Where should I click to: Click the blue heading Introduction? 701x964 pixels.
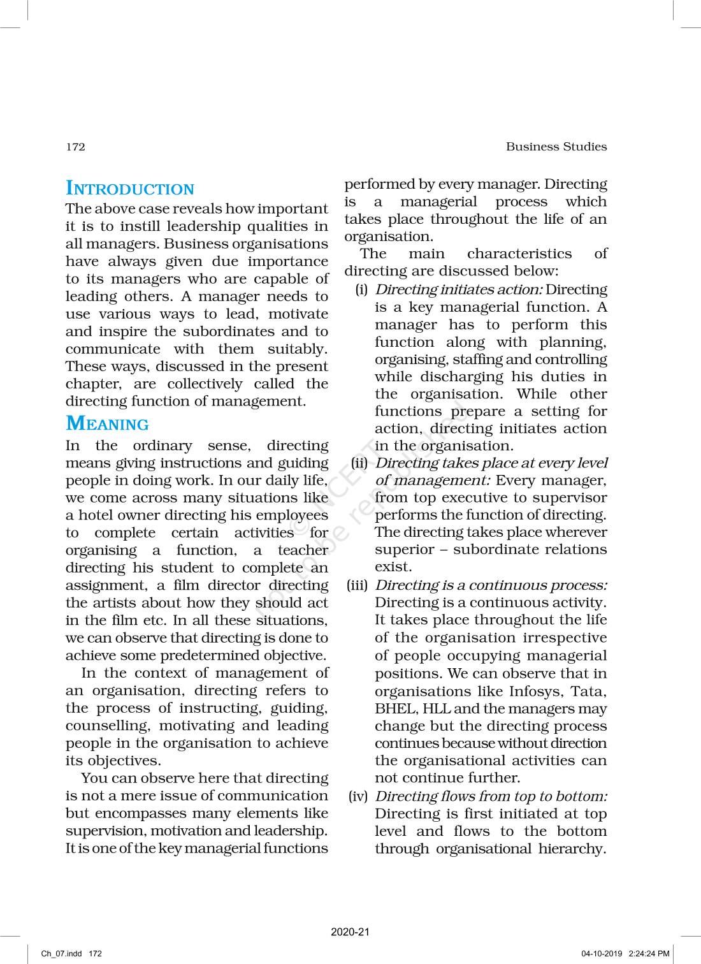click(130, 189)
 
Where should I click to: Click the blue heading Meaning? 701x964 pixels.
click(107, 424)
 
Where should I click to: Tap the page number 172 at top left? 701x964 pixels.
click(75, 147)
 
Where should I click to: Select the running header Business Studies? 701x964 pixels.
click(556, 147)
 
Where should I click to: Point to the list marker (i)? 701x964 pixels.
click(361, 289)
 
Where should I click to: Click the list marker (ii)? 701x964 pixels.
click(359, 463)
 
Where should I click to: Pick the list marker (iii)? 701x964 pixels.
click(358, 585)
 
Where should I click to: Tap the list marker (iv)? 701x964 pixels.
click(358, 796)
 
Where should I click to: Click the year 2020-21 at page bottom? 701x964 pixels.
click(350, 931)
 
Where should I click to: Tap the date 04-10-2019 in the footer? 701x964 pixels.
click(601, 954)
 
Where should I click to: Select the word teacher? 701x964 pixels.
click(303, 550)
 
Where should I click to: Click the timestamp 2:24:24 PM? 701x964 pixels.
click(649, 954)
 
